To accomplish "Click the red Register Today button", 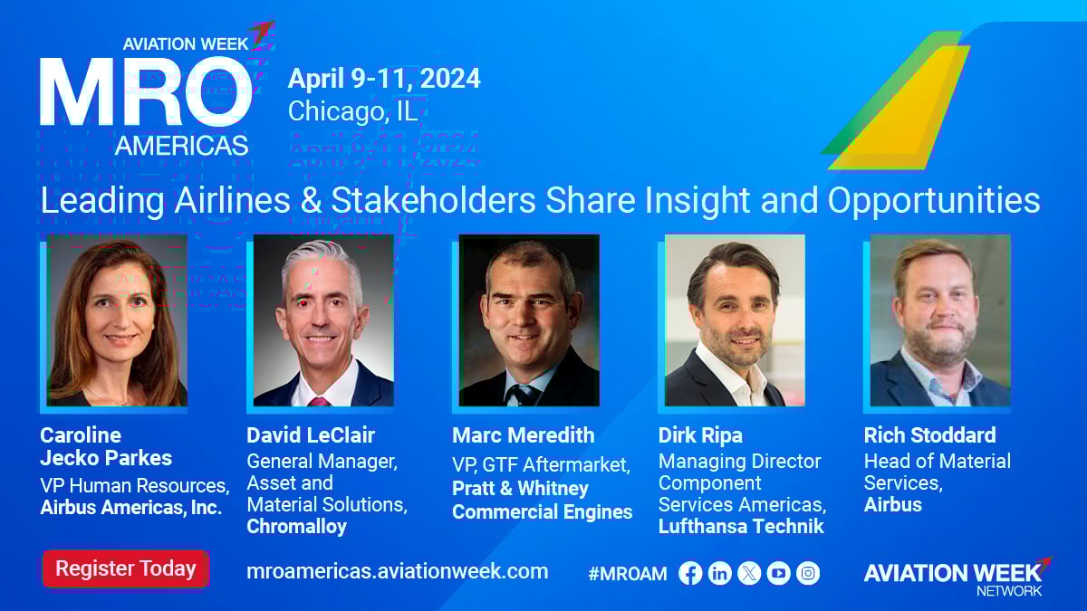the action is [126, 568].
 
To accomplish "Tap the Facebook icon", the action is [690, 573].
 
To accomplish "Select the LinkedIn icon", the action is [719, 573].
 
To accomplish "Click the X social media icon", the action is [749, 573].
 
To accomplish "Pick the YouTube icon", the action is [778, 573].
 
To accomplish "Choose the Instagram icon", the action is [808, 573].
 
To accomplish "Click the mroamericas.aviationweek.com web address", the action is [398, 571].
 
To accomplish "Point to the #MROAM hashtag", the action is [628, 574].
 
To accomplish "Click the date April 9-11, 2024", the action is [384, 79].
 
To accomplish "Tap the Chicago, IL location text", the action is [352, 111].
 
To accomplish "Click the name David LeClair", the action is [311, 435].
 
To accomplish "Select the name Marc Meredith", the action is [524, 435].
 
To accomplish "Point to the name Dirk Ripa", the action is [700, 435].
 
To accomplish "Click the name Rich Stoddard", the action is [929, 435].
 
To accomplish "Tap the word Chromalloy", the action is [296, 527].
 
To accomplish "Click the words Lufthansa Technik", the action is [741, 526].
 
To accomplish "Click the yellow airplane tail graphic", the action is [901, 108].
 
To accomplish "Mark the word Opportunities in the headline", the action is [934, 201].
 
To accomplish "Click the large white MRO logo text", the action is [146, 91].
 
